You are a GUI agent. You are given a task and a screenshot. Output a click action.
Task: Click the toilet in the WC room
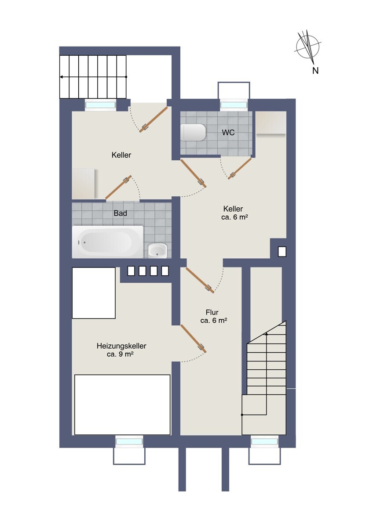coord(193,133)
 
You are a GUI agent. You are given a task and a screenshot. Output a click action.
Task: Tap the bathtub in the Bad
coord(107,242)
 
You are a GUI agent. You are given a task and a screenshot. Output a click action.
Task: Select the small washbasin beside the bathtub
coord(157,251)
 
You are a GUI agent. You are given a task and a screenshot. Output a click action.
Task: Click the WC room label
coord(228,133)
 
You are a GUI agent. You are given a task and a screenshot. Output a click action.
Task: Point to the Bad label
coord(121,213)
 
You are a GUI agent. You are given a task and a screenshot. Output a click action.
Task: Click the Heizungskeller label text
coord(121,346)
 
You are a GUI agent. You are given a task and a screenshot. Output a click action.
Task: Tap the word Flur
coord(212,312)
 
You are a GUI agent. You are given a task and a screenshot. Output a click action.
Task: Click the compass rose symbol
coord(308,46)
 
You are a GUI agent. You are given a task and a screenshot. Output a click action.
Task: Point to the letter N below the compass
coord(315,70)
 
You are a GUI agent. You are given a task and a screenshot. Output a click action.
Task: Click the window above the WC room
coord(234,105)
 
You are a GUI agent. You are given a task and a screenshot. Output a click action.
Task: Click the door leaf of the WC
coord(240,169)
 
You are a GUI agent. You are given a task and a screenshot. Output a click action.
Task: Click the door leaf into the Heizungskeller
coord(194,338)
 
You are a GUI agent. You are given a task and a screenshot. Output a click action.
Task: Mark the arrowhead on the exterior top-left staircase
coord(62,77)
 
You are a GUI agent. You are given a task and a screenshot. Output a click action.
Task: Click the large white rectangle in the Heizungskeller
coord(122,404)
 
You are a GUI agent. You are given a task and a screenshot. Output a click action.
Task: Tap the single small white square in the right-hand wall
coord(282,252)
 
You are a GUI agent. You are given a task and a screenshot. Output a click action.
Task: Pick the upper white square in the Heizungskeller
coord(94,293)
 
